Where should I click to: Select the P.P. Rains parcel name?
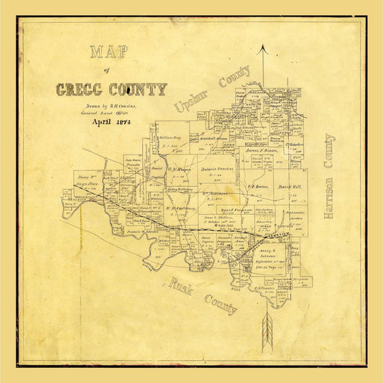(258, 185)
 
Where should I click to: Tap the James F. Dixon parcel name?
(262, 150)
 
